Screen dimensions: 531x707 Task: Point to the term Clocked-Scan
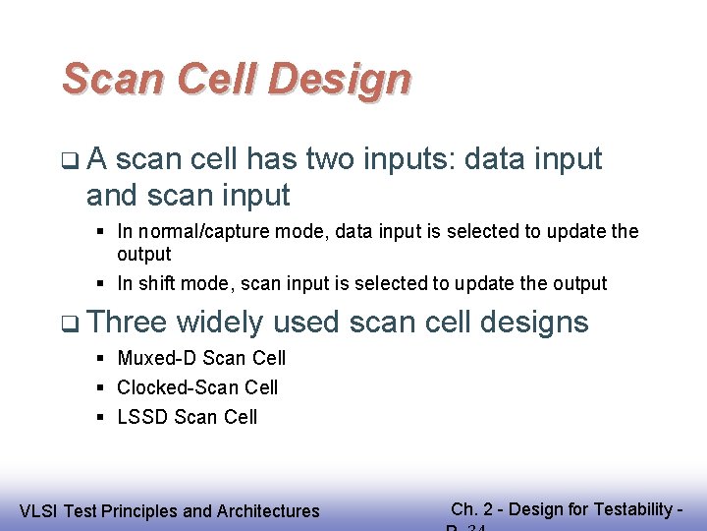tap(168, 387)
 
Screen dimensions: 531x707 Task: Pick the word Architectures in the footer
tap(266, 510)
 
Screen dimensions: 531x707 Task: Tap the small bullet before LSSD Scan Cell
tap(102, 417)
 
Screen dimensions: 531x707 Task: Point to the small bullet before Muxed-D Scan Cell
tap(102, 358)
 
